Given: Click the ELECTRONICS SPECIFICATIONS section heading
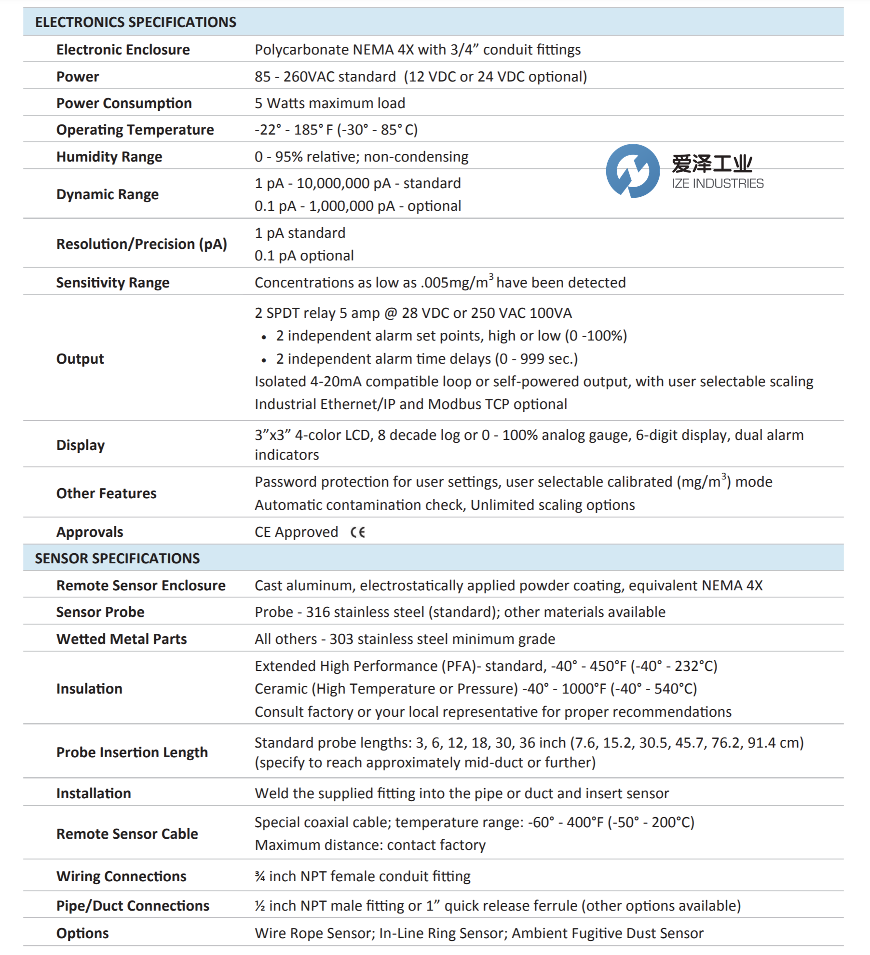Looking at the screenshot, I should pos(136,22).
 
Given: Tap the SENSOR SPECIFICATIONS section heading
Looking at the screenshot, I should pos(117,558).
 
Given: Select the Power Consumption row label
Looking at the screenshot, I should pos(124,103).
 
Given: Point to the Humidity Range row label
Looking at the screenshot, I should pos(109,157).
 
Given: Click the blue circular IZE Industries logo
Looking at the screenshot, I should pos(632,171).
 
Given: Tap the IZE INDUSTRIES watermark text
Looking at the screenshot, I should pos(717,184).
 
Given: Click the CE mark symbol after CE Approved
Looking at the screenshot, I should pos(358,532).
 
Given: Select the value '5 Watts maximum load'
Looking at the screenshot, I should pos(330,103).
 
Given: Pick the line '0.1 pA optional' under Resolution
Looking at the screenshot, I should pos(304,256).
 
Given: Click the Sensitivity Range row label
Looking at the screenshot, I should pos(113,283).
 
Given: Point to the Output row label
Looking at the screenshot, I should pos(80,359).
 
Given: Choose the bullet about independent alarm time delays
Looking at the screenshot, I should pos(426,359).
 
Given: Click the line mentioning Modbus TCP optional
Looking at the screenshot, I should pos(410,404).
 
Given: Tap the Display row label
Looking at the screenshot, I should pos(81,445).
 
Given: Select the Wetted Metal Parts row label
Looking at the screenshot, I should pos(122,639).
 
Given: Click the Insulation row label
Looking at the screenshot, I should pos(89,689).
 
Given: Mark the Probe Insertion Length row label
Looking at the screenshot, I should pos(132,752).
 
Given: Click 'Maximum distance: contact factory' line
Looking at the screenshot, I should pos(370,845).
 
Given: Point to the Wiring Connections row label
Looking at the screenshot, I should pos(121,876).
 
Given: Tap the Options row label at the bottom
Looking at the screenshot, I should pos(82,933).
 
